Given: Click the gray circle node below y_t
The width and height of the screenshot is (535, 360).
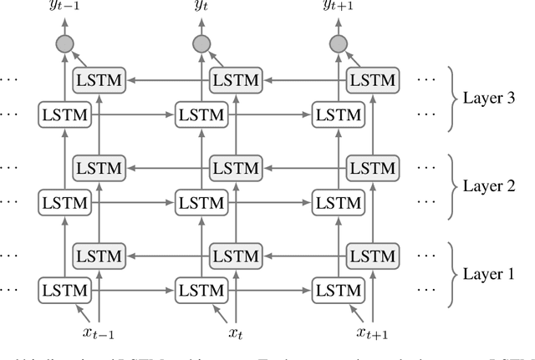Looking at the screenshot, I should point(201,45).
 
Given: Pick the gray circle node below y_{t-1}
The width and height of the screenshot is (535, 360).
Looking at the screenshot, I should point(64,45).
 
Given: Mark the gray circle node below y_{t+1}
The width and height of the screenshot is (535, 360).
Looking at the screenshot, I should point(338,45).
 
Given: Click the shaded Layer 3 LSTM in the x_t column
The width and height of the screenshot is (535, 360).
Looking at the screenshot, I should point(234,80).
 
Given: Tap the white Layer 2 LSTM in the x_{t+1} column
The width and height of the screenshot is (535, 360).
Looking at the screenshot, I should point(338,202).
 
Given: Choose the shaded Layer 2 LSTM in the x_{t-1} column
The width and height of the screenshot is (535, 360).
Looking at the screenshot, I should point(98,168).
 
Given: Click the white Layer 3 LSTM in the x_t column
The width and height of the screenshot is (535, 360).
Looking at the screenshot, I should point(201,114).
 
